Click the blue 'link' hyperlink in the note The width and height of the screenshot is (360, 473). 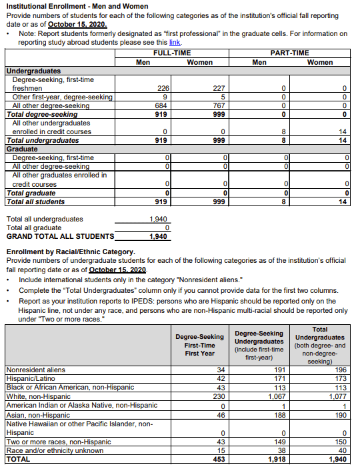click(x=175, y=41)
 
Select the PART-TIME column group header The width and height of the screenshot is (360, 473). click(x=289, y=53)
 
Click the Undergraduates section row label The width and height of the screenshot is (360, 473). click(x=33, y=71)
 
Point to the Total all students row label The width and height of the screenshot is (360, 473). click(x=35, y=201)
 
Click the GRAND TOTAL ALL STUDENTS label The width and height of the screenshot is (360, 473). click(x=60, y=236)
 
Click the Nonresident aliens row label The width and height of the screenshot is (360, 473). click(x=35, y=370)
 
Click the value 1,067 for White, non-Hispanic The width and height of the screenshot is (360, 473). click(x=276, y=396)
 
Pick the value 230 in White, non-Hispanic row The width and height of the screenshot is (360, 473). click(x=217, y=396)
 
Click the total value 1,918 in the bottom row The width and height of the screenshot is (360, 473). click(x=276, y=459)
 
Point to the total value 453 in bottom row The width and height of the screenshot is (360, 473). click(x=217, y=459)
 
